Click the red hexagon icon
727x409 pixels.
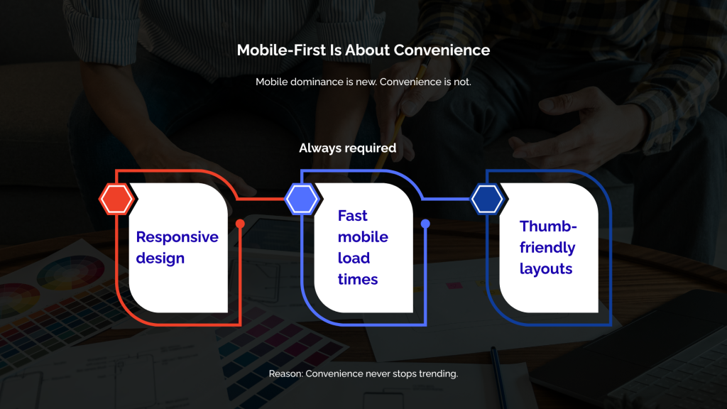(116, 199)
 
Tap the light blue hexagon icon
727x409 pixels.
(302, 199)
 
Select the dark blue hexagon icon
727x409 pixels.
(488, 199)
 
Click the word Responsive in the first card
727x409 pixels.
(177, 237)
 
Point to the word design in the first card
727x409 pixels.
(160, 258)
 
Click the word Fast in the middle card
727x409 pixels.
(352, 216)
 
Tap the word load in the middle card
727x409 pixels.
(354, 258)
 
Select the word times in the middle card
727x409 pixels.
(358, 280)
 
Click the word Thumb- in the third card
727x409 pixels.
(548, 227)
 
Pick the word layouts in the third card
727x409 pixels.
(545, 269)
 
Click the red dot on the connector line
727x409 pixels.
(240, 224)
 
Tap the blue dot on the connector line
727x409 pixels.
(425, 224)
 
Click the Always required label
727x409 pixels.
(347, 148)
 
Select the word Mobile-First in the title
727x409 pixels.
(278, 50)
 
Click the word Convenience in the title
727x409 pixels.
(442, 50)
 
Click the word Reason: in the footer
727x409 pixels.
(285, 373)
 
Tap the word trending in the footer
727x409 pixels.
(435, 373)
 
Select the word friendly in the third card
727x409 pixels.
(547, 248)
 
